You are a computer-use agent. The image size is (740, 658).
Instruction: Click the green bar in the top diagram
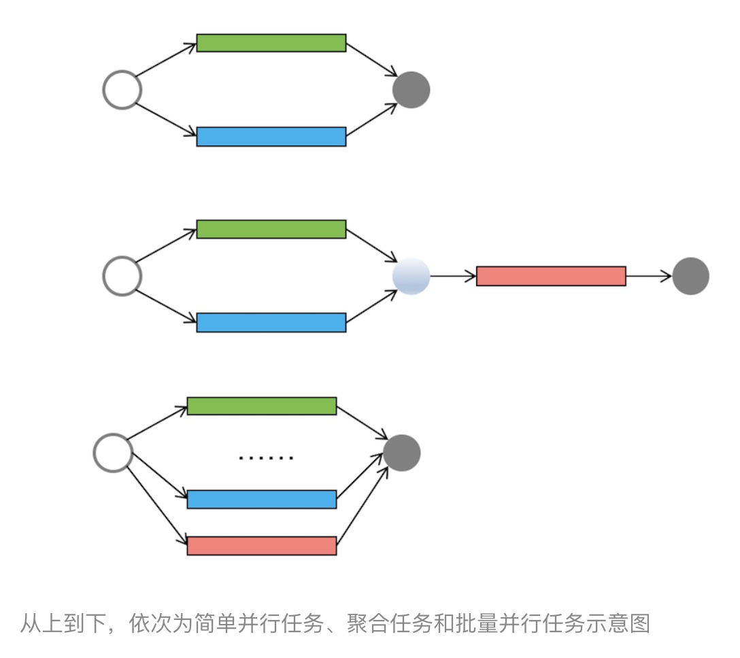tap(271, 43)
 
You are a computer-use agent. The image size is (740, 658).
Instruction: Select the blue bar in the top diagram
tap(271, 137)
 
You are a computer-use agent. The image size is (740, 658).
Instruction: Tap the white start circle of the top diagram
tap(122, 90)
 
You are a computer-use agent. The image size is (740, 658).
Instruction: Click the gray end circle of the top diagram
tap(411, 90)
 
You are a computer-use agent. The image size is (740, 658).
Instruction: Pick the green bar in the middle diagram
tap(271, 229)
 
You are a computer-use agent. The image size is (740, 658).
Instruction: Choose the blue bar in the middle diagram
tap(271, 322)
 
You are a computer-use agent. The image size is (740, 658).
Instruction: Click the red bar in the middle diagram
tap(551, 276)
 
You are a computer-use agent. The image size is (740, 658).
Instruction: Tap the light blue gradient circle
tap(411, 276)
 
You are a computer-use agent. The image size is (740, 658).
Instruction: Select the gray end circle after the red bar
tap(690, 276)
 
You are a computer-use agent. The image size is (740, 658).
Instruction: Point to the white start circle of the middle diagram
tap(122, 276)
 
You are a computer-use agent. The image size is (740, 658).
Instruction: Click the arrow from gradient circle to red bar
tap(453, 276)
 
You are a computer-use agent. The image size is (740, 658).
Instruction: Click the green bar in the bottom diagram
tap(262, 406)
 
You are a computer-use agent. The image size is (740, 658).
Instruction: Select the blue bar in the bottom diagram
tap(262, 500)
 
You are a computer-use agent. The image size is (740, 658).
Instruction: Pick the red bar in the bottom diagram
tap(262, 546)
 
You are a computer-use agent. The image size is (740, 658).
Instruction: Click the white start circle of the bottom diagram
tap(113, 453)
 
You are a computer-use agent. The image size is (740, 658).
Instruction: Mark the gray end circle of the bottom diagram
tap(402, 453)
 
